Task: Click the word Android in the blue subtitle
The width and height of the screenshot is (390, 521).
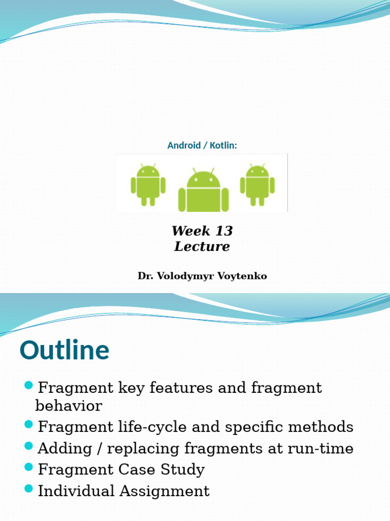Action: (x=184, y=146)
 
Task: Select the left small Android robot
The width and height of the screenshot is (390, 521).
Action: (x=148, y=185)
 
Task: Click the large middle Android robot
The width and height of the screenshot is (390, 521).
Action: (x=203, y=190)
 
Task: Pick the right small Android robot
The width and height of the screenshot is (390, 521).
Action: (x=257, y=185)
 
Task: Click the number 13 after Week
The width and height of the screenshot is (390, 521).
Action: (x=223, y=231)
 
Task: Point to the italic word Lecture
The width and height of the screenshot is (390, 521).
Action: (x=202, y=247)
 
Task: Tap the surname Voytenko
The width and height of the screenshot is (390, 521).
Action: (x=242, y=276)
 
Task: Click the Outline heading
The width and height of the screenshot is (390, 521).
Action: (x=64, y=351)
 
